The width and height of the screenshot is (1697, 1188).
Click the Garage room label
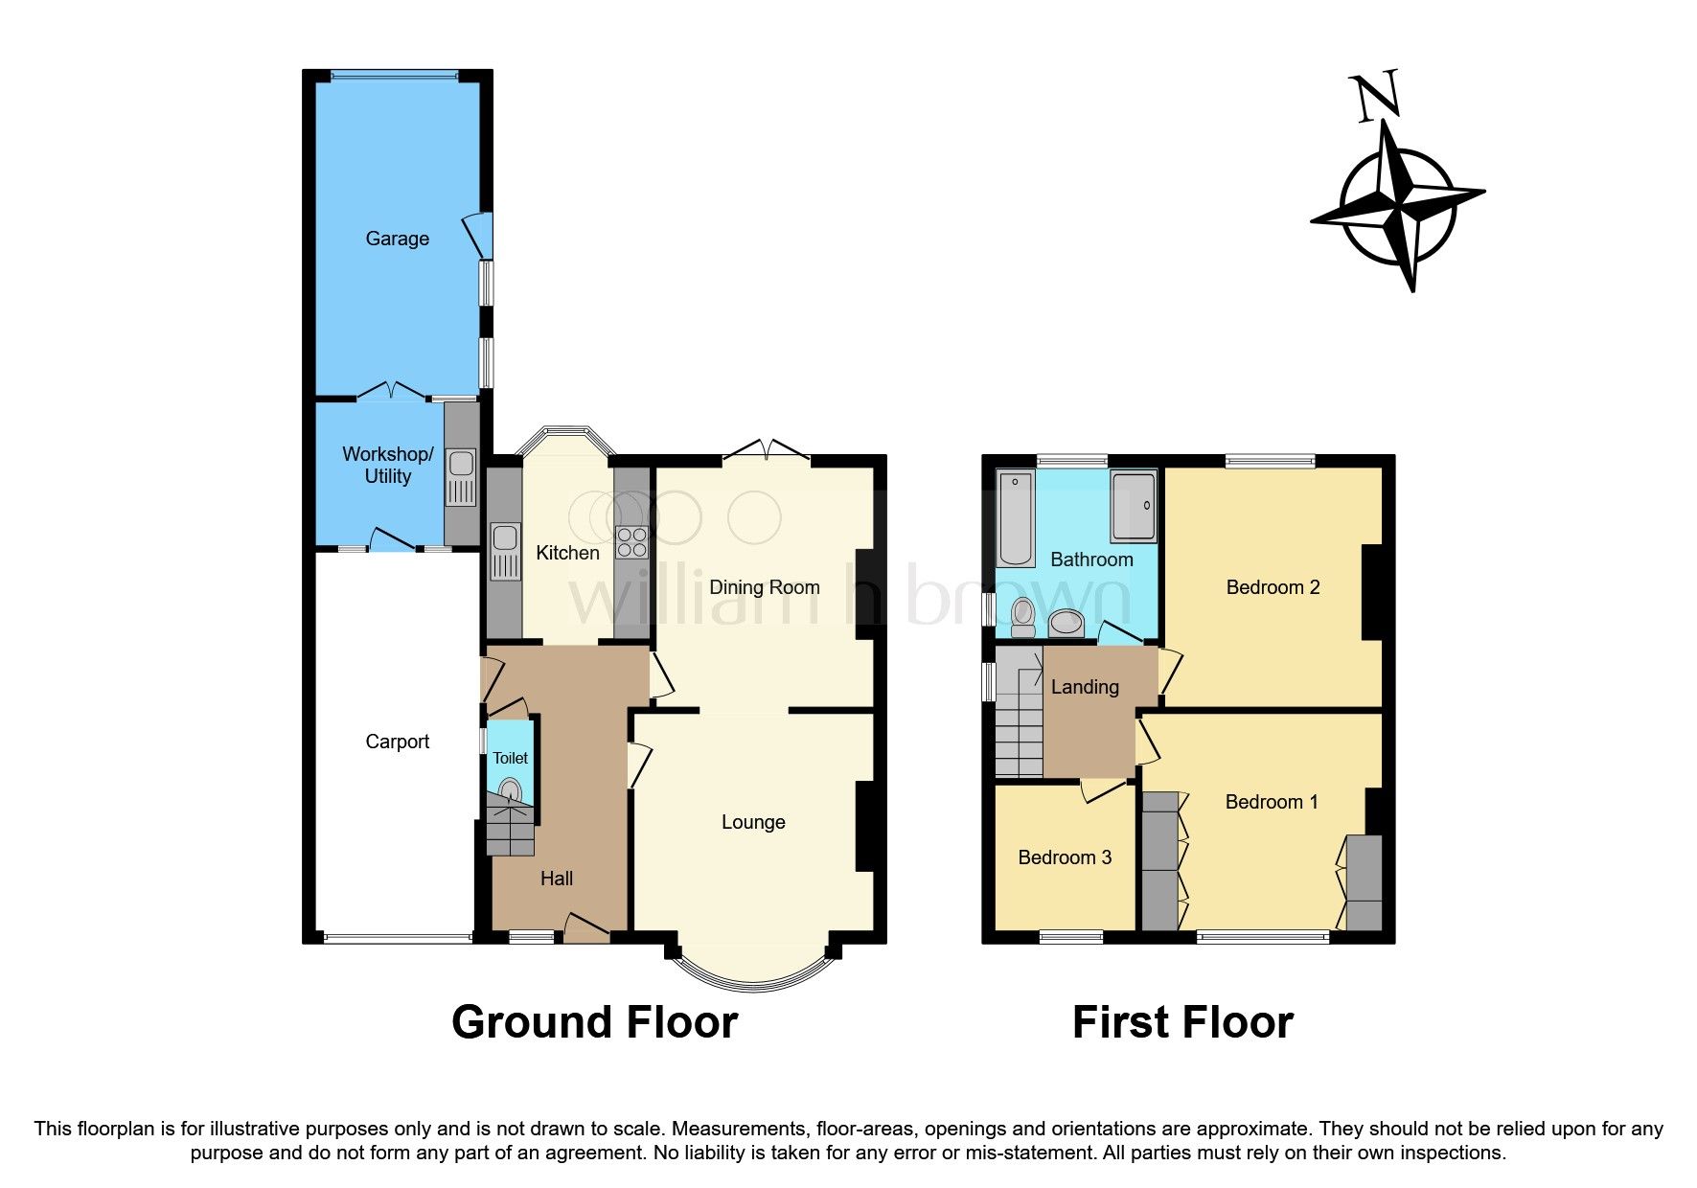(397, 239)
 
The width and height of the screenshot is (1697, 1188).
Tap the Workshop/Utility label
(387, 465)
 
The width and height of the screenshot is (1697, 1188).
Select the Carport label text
(397, 742)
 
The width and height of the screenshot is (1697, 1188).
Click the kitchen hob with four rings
(631, 542)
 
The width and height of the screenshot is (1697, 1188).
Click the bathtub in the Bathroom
(1016, 518)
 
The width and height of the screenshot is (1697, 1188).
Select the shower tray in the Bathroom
(1133, 505)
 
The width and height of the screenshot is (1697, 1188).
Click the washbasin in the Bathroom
(1065, 624)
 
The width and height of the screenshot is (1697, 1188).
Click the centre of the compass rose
(1398, 205)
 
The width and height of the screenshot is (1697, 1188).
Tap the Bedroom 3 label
(1065, 857)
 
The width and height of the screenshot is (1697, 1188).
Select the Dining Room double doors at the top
(767, 450)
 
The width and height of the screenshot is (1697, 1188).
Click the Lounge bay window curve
(752, 978)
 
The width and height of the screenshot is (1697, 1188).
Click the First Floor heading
(1182, 1022)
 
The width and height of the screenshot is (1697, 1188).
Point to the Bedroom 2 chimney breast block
(1371, 591)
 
